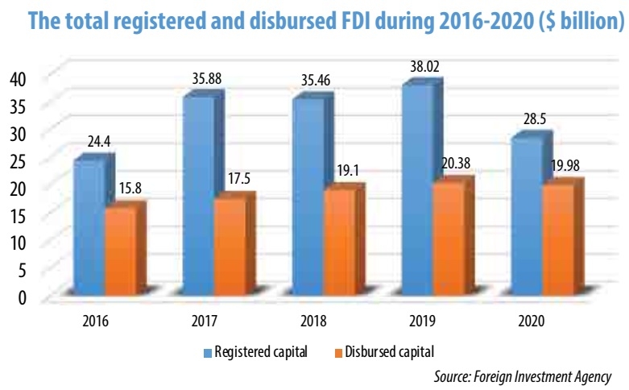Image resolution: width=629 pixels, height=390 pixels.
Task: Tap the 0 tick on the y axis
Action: (x=23, y=297)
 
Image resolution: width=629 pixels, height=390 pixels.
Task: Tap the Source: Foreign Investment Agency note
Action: (x=523, y=375)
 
